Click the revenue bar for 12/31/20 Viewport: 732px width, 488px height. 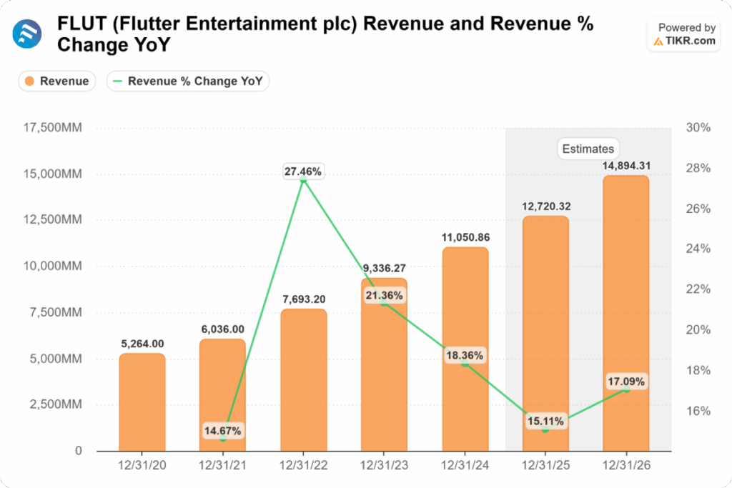point(142,402)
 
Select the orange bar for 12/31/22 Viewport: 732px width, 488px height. point(304,379)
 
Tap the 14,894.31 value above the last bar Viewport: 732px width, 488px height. point(625,166)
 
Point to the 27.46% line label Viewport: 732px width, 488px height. point(303,171)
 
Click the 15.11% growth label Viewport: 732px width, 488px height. point(545,421)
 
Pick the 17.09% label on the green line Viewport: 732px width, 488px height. point(626,382)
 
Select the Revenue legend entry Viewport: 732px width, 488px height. point(57,81)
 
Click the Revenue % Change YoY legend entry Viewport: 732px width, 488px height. point(189,81)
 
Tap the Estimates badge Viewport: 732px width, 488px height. point(588,149)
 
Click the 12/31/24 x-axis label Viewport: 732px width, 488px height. point(465,466)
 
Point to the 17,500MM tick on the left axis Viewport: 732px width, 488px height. point(54,128)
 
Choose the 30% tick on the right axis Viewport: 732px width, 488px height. point(698,128)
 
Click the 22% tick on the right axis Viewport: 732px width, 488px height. point(698,289)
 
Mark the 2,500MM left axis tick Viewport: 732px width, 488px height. point(56,404)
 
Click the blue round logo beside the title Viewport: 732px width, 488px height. point(27,34)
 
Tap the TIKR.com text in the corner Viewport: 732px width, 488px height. point(691,41)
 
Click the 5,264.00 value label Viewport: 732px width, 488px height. point(142,344)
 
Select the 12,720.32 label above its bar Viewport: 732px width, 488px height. point(545,206)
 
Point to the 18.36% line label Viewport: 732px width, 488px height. point(465,355)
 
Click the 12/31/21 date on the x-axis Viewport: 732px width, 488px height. point(222,466)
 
